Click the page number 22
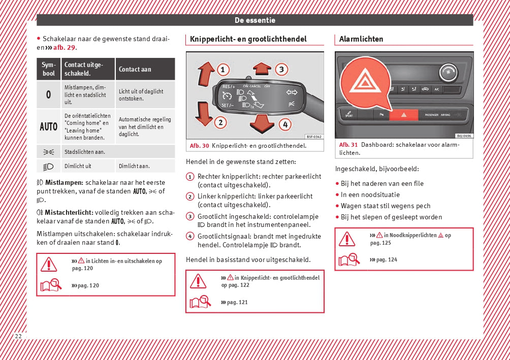tap(18, 337)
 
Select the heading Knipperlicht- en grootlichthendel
tap(248, 39)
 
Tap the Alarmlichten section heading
tap(361, 39)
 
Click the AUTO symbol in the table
tap(49, 126)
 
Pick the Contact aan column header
tap(135, 70)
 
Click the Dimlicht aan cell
tap(134, 166)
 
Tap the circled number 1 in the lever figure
tap(222, 70)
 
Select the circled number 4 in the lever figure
tap(285, 123)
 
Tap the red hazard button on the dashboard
tap(403, 115)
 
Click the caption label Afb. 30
tap(199, 146)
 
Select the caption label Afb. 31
tap(348, 145)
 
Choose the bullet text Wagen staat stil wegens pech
tap(386, 206)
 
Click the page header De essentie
tap(255, 20)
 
